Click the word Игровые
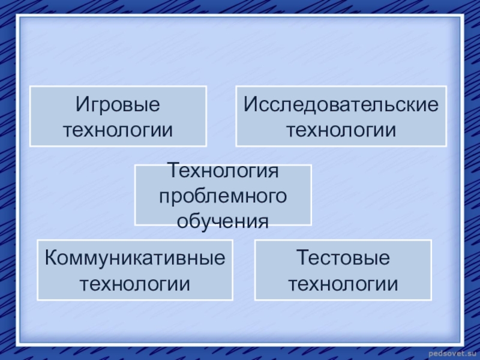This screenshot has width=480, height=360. coord(118,105)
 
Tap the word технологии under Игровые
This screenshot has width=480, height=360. coord(118,129)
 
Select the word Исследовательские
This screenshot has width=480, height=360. coord(341,105)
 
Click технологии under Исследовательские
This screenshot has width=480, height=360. coord(341,129)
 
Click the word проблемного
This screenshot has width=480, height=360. coord(223,197)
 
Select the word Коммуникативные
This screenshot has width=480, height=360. coord(135,258)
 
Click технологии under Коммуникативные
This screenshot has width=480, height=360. coord(135,282)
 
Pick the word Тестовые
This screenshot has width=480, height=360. coord(343,258)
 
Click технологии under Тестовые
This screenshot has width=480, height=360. coord(343,282)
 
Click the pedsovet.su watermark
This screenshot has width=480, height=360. coord(451,352)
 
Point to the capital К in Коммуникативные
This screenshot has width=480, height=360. coord(50,258)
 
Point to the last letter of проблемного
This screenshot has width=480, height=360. coord(281,197)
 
